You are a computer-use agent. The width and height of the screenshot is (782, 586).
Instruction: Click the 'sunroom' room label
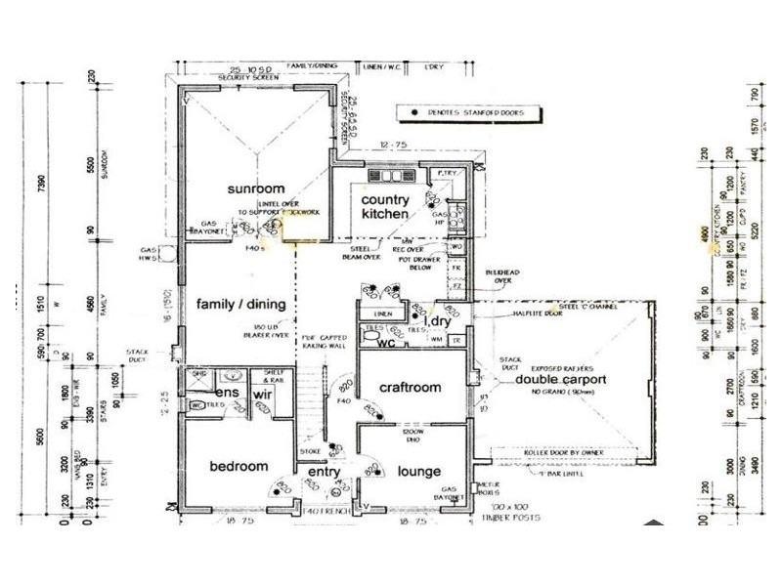pos(256,188)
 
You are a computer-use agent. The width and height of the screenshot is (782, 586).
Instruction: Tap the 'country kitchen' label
pos(385,207)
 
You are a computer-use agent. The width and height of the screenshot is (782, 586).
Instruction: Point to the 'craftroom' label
pos(411,388)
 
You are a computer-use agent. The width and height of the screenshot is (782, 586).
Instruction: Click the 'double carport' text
pos(562,379)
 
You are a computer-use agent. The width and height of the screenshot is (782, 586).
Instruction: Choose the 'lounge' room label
pos(419,472)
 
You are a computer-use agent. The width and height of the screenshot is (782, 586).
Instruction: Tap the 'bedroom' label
pos(239,467)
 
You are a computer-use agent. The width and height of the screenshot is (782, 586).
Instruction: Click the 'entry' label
pos(324,473)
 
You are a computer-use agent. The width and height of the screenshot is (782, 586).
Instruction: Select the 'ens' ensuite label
pos(228,393)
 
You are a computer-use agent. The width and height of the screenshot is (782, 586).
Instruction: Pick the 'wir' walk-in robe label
pos(262,393)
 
